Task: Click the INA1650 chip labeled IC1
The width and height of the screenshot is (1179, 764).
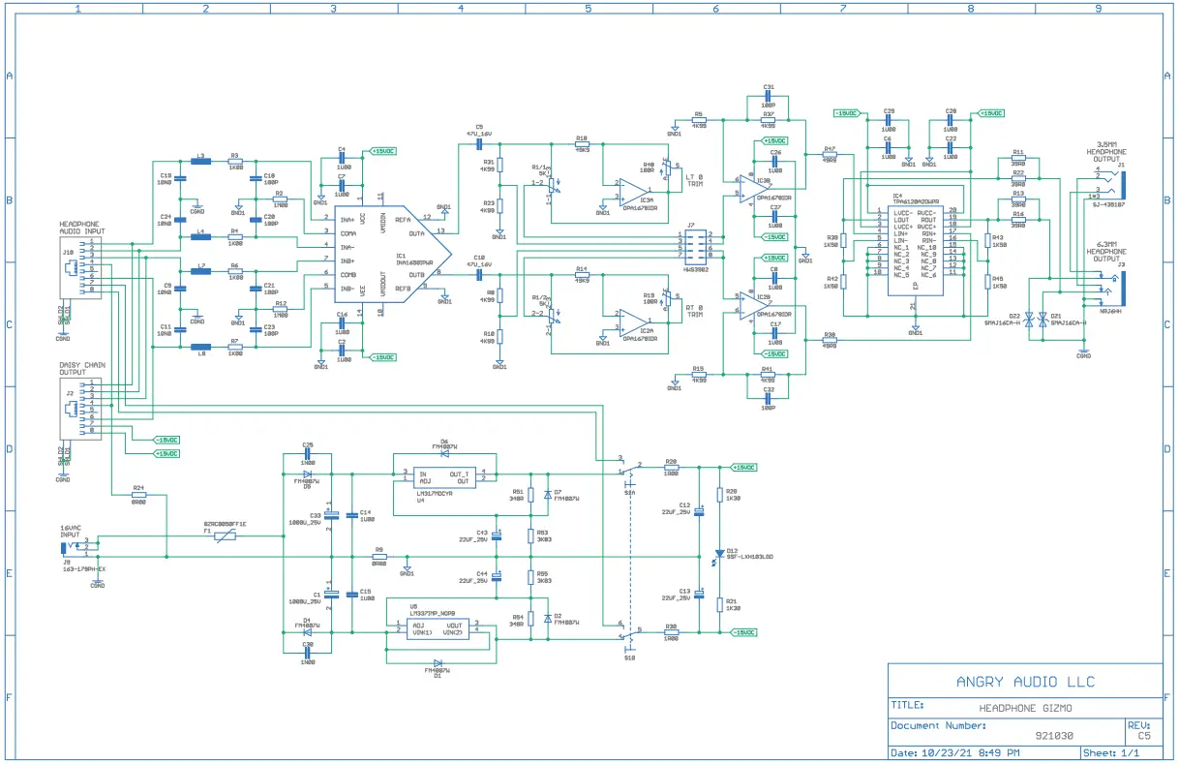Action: click(387, 255)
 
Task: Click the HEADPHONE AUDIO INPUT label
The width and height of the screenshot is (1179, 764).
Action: click(82, 229)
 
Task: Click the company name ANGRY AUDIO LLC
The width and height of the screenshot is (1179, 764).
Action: click(1025, 682)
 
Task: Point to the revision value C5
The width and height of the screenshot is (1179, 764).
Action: click(1144, 736)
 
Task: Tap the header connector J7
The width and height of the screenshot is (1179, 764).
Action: click(696, 245)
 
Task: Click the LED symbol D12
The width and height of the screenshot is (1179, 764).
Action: click(717, 555)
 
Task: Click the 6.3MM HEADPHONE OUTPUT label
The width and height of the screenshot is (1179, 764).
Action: click(1107, 255)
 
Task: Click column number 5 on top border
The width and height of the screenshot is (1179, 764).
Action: click(588, 8)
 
